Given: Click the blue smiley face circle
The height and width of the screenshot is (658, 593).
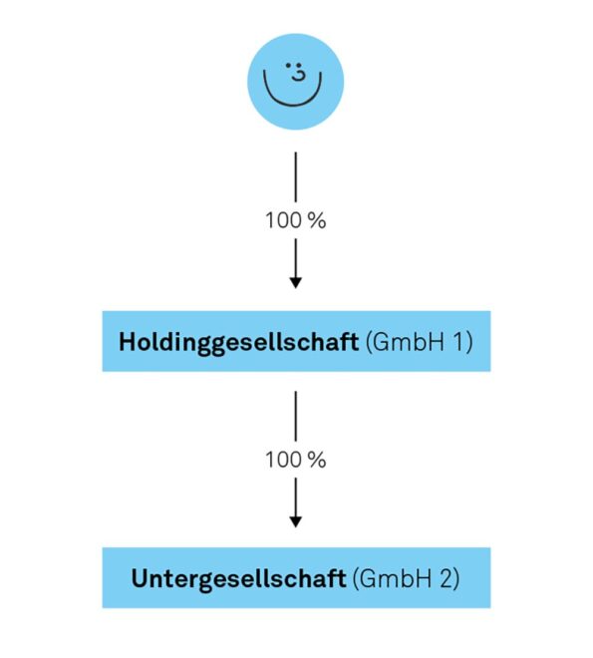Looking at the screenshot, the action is coord(295,82).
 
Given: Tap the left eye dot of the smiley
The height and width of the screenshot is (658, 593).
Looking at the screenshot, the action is coord(288,66).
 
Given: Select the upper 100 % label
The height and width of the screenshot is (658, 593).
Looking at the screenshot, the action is coord(296,220).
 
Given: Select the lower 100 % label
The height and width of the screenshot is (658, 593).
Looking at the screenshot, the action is coord(296,460).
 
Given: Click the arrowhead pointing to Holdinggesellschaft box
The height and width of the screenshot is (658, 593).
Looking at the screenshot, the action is coord(296,282).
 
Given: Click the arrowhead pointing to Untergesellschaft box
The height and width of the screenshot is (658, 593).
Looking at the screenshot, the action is coord(296,521).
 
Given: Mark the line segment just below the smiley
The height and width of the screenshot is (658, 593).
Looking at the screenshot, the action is coord(296,176).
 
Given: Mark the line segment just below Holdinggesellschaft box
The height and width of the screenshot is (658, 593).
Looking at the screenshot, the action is coord(296,416).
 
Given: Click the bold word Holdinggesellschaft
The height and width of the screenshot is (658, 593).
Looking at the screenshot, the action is coord(238,342).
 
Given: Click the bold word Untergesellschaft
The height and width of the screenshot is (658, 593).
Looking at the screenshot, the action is coord(238,579).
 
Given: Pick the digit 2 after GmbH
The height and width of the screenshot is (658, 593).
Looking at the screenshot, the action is coord(446,578).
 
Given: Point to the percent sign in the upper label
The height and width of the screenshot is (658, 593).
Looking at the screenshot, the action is coord(317,220).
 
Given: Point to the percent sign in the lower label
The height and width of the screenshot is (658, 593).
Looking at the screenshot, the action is coord(317,460).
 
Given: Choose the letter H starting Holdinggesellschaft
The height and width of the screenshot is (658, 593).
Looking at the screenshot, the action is coord(129,342).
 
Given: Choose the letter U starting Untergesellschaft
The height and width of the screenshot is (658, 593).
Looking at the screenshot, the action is coord(141,578).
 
